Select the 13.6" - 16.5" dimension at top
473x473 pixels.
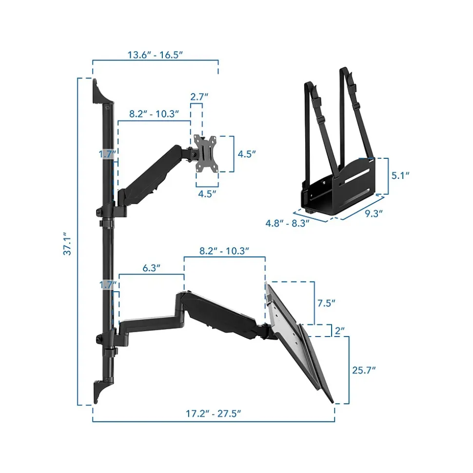pyautogui.click(x=155, y=55)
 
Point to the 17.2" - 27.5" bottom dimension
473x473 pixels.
pyautogui.click(x=214, y=414)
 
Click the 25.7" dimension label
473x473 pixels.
pyautogui.click(x=363, y=370)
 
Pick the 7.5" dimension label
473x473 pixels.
pyautogui.click(x=326, y=303)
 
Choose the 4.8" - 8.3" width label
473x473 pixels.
pyautogui.click(x=288, y=224)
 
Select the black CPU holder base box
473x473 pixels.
pyautogui.click(x=336, y=188)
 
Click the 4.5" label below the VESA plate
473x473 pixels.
pyautogui.click(x=207, y=193)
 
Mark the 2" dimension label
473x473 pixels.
pyautogui.click(x=340, y=330)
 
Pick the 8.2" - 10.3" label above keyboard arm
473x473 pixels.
pyautogui.click(x=225, y=251)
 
